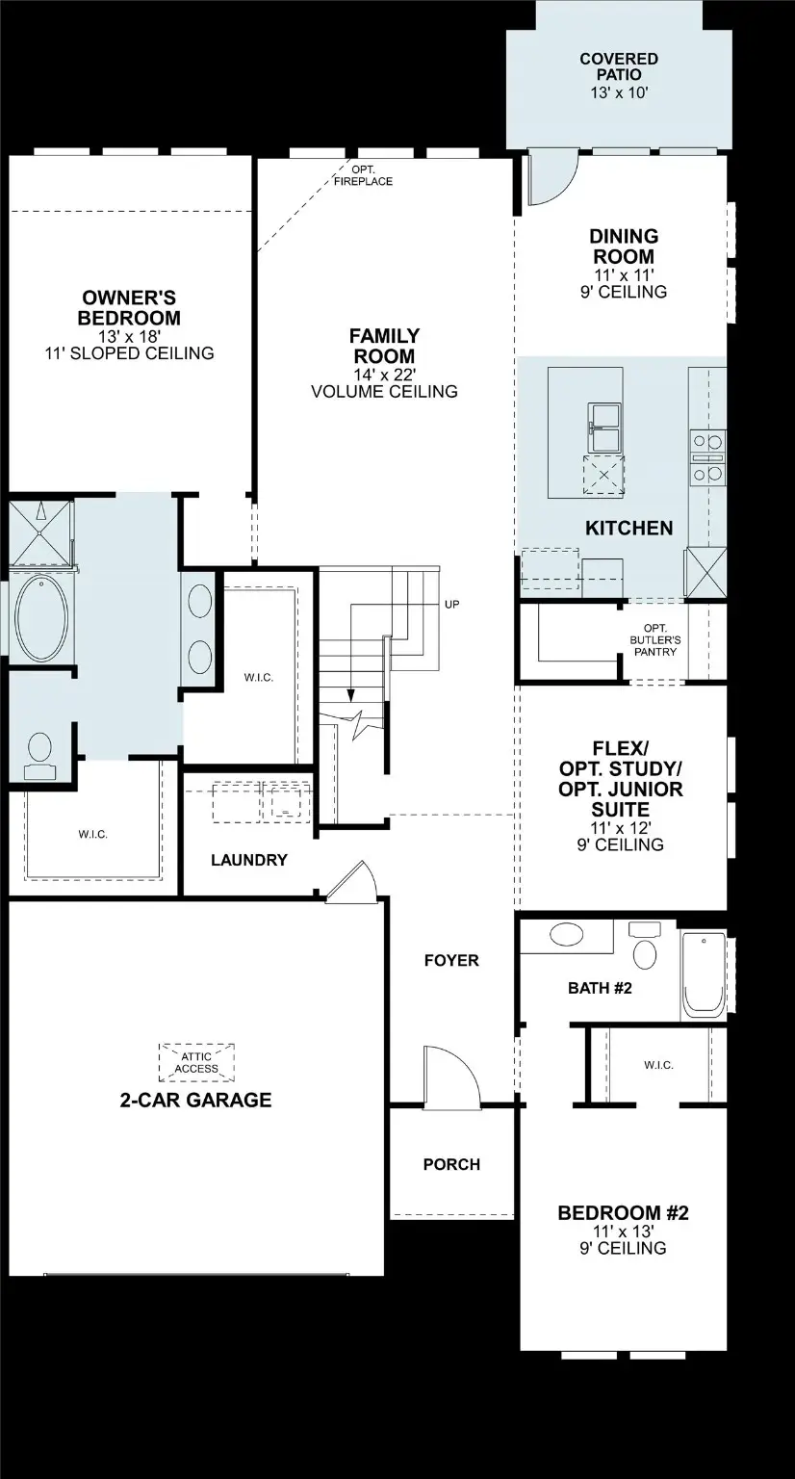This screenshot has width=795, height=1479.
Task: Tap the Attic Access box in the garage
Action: point(197,1062)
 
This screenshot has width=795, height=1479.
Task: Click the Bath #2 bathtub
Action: point(704,975)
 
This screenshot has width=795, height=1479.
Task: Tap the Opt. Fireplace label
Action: point(363,175)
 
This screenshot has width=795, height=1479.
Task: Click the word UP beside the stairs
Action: point(452,605)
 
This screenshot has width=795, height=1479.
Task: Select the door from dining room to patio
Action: point(551,181)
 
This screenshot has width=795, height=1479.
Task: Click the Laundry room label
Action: point(249,860)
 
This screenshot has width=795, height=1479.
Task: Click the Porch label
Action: point(451,1164)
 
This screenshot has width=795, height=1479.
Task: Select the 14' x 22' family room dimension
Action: point(384,375)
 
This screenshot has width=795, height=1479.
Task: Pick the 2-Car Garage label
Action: point(195,1100)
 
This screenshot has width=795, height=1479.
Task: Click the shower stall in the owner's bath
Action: point(40,530)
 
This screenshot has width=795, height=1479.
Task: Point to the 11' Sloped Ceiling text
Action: point(130,353)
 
